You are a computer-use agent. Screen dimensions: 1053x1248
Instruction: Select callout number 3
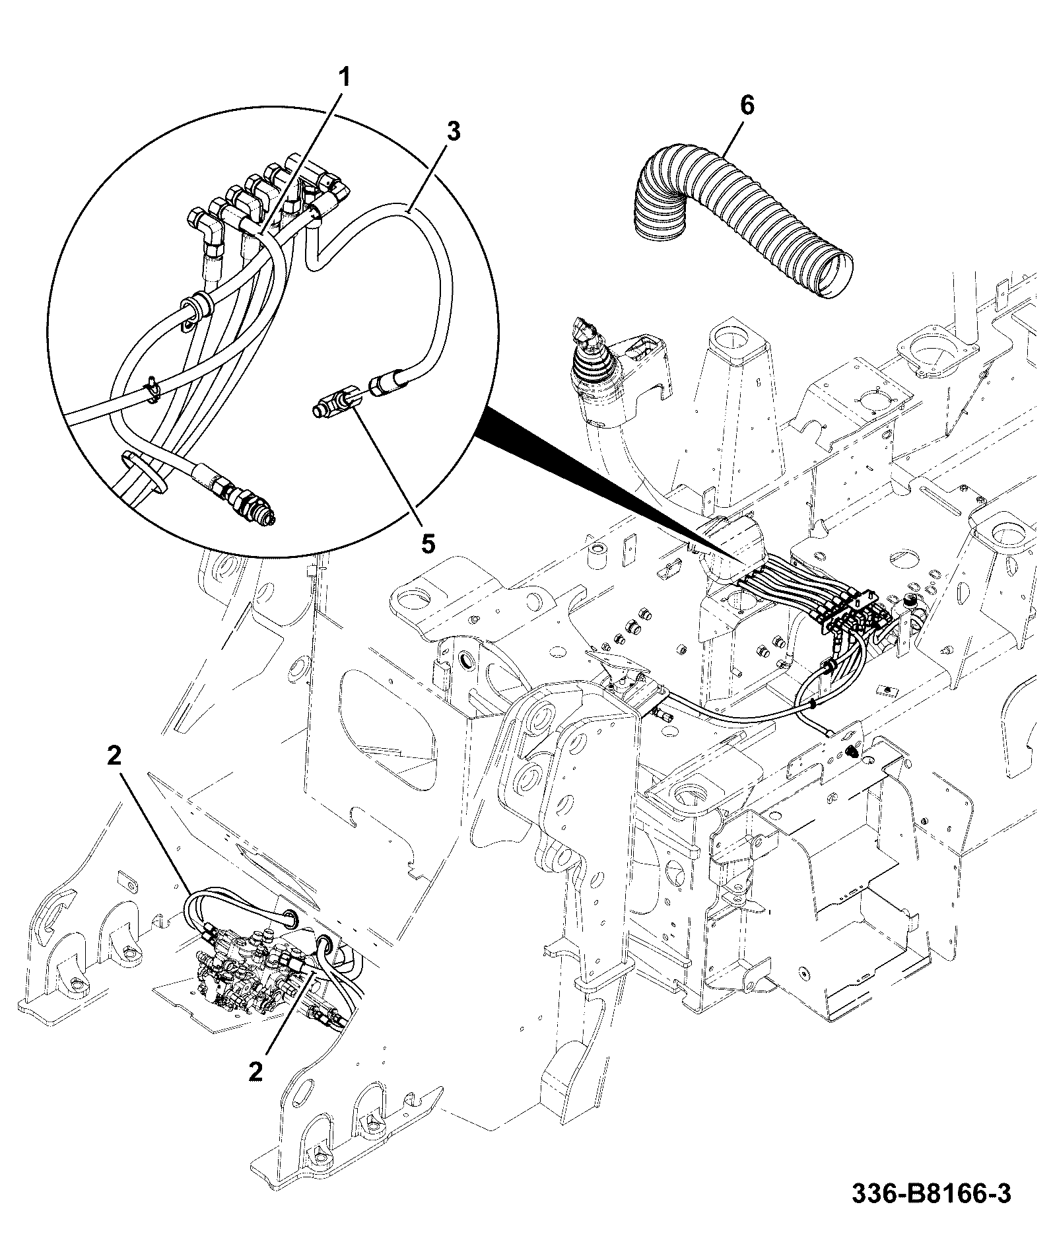452,131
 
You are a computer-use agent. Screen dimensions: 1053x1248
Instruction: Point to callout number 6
746,105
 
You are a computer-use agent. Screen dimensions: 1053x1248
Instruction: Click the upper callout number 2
115,757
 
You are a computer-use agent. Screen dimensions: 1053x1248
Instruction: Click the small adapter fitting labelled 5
337,403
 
